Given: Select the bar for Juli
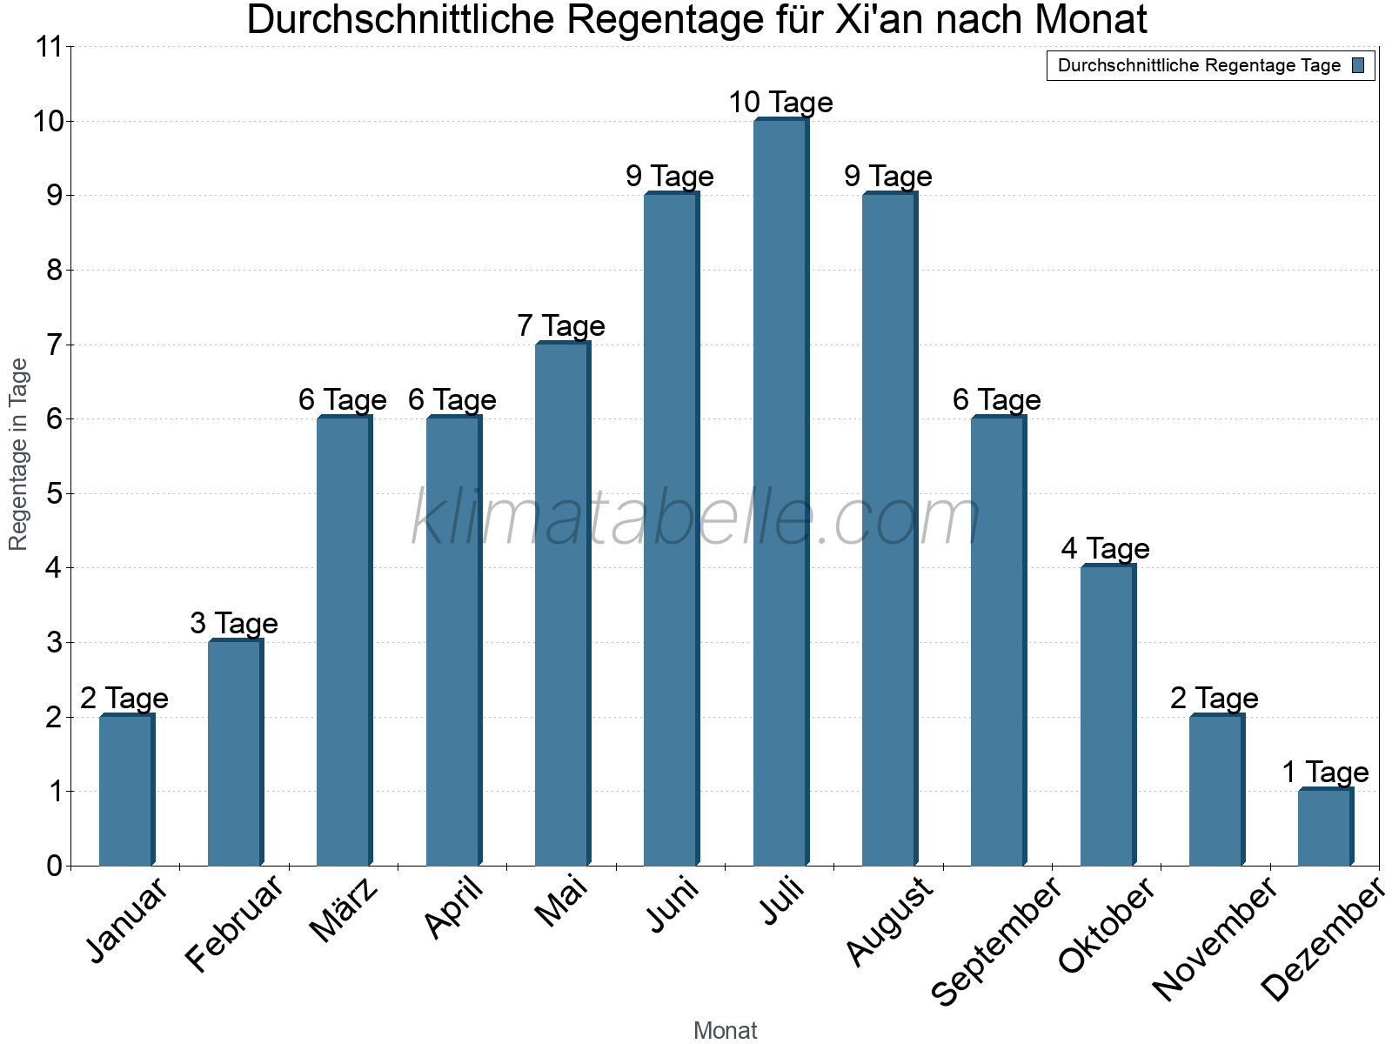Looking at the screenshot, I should (x=780, y=492).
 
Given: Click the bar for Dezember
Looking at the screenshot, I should (x=1325, y=827).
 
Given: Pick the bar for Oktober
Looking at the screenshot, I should (x=1108, y=716).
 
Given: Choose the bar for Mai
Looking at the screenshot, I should (x=562, y=605).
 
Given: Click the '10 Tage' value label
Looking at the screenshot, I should (x=780, y=103).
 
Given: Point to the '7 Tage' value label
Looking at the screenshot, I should (x=561, y=326).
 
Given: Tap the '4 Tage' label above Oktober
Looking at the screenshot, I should (x=1106, y=549).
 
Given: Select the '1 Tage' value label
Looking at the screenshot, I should (x=1325, y=773).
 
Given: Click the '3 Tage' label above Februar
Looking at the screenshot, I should (x=234, y=624).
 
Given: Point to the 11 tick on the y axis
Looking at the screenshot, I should (x=50, y=47).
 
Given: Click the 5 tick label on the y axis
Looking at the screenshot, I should (x=55, y=494).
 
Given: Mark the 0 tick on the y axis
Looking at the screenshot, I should (x=55, y=866).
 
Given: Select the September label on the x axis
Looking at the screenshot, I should (x=997, y=942).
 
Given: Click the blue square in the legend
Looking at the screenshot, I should (x=1359, y=65).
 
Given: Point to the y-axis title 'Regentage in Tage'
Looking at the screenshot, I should (x=19, y=454).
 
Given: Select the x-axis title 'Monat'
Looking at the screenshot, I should (x=725, y=1031).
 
